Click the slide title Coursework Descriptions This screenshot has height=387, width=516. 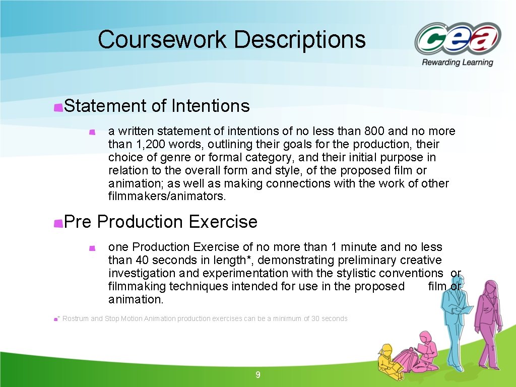click(232, 40)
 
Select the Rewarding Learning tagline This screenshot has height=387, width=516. click(458, 62)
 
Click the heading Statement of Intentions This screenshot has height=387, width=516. click(157, 106)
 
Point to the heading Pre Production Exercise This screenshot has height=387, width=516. click(161, 222)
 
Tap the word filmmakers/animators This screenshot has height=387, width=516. click(167, 196)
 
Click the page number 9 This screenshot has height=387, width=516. click(258, 375)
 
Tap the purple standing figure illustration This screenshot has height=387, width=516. click(486, 322)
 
